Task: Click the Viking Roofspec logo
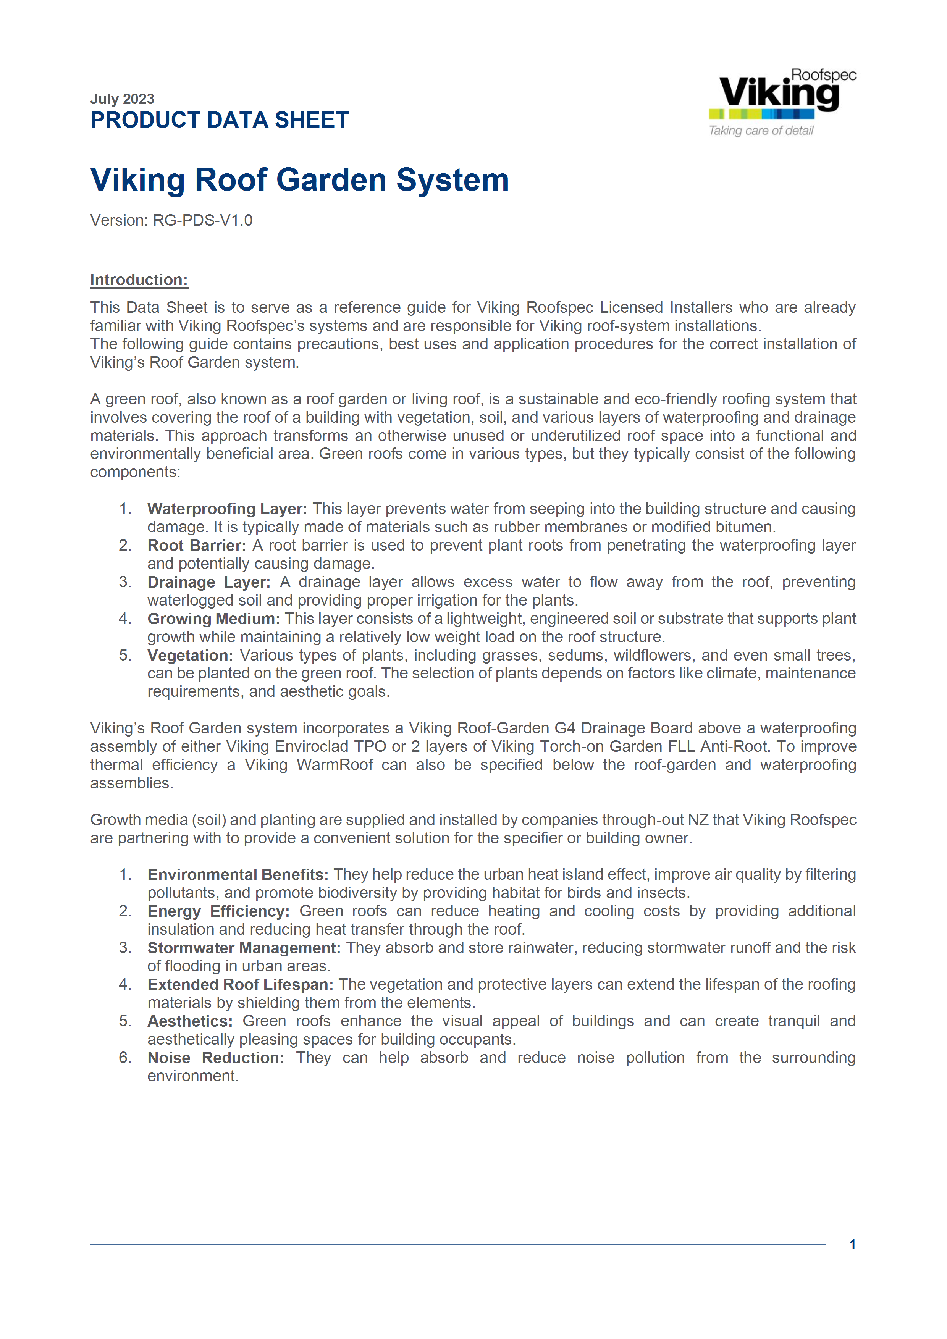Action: click(x=781, y=93)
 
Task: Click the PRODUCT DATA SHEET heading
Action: click(x=219, y=120)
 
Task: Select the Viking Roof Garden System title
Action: click(x=299, y=179)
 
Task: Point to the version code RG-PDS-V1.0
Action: click(x=202, y=220)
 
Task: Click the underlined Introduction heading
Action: click(x=139, y=280)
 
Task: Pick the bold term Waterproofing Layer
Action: click(x=227, y=509)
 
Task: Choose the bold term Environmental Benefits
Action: click(x=238, y=875)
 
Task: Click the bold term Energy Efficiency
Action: click(x=218, y=911)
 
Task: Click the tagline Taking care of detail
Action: click(x=761, y=131)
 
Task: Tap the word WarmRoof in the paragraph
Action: click(x=335, y=765)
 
